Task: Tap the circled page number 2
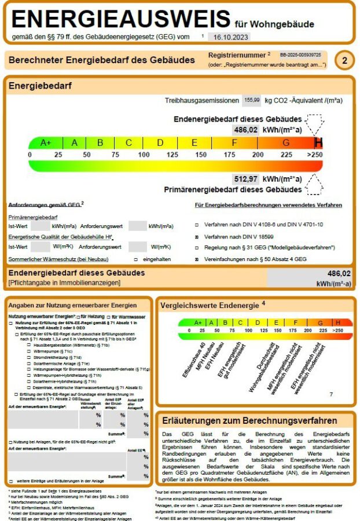point(344,60)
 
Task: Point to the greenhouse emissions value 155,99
point(252,100)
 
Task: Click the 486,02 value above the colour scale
point(245,130)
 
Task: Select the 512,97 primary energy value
point(245,179)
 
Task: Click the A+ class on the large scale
point(46,143)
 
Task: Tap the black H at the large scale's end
point(318,143)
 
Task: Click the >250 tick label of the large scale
point(314,155)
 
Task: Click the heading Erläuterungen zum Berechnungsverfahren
point(249,420)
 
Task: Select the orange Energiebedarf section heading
point(40,86)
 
